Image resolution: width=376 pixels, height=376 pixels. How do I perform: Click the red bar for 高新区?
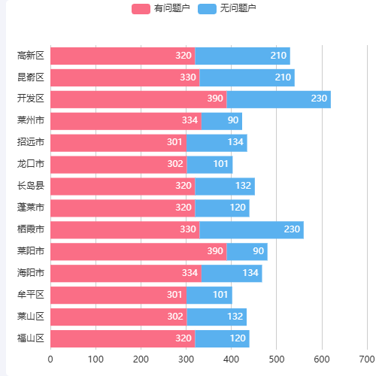click(123, 56)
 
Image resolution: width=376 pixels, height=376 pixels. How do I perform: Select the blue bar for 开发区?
click(278, 99)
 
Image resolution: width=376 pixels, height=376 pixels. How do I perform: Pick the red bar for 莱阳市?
click(138, 252)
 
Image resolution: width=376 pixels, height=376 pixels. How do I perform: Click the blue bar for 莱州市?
click(222, 121)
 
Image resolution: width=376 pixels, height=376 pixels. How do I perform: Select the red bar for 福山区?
click(123, 339)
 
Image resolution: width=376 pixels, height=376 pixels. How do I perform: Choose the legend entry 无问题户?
click(228, 8)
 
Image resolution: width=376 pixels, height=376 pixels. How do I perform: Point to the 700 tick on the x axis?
click(367, 359)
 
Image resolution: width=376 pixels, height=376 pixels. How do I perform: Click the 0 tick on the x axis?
click(50, 359)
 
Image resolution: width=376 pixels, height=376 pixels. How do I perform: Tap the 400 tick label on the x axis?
click(231, 359)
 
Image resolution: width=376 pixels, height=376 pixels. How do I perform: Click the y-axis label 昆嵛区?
click(31, 77)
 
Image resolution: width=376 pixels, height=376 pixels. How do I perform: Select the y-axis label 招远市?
click(31, 143)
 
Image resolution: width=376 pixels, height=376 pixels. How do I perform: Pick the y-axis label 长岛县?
click(31, 186)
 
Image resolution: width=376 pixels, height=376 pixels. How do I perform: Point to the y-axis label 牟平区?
click(31, 296)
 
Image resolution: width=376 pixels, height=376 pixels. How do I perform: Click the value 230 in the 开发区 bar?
click(319, 99)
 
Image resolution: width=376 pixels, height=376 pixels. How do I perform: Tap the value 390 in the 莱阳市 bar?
click(215, 252)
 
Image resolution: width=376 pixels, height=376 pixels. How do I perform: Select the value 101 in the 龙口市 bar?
click(220, 165)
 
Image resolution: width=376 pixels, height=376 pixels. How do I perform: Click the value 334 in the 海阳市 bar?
click(190, 274)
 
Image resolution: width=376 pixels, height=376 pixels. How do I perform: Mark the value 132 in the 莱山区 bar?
click(235, 317)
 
